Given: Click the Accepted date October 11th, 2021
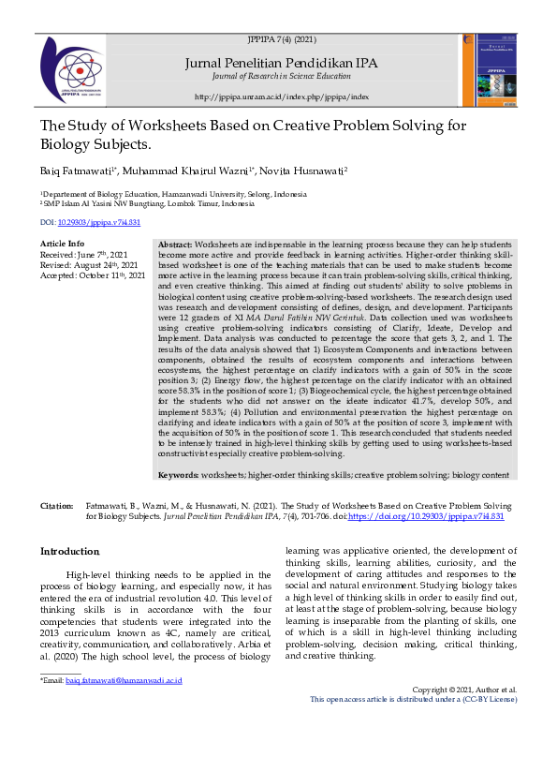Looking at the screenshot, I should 93,275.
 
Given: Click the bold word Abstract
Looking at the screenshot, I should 175,244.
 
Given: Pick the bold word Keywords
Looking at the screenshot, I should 179,475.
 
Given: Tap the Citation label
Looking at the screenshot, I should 57,506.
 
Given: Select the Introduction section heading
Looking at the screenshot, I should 69,552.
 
